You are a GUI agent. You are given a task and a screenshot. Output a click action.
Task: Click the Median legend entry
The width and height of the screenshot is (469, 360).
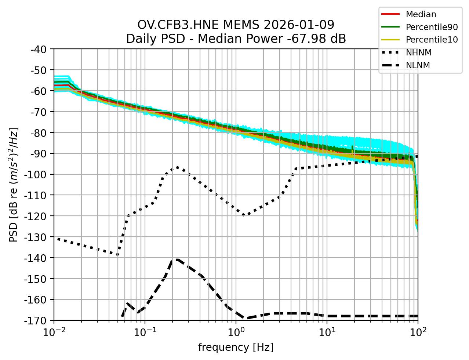(x=421, y=14)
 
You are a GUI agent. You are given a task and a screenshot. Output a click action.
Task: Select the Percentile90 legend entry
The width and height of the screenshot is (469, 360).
(x=432, y=27)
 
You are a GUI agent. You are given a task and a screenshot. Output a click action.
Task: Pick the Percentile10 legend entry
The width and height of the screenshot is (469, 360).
(x=432, y=40)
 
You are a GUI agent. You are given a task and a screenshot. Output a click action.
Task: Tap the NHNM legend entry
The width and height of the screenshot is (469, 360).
(x=418, y=52)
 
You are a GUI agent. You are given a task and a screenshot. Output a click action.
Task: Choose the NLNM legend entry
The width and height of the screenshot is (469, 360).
(x=418, y=65)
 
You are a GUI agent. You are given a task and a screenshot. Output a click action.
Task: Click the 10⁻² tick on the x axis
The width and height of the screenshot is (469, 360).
(x=54, y=333)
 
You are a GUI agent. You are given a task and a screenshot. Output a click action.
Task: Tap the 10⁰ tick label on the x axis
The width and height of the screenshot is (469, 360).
(x=236, y=333)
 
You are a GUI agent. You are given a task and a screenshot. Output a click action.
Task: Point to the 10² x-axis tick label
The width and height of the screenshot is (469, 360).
(x=418, y=333)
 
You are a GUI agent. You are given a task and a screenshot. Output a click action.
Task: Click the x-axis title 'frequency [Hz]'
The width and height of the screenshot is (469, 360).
(x=236, y=347)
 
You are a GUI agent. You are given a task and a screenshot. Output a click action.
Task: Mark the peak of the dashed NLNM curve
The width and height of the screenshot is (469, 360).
(x=177, y=259)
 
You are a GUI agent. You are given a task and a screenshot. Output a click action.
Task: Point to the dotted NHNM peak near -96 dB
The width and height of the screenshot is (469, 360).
(x=177, y=167)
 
